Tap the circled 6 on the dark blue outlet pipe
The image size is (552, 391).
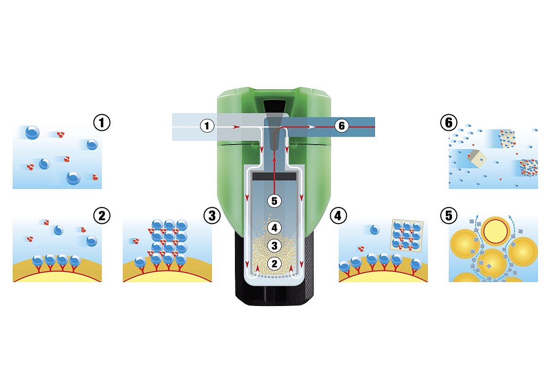point(342,126)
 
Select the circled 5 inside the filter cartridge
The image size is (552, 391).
point(275,201)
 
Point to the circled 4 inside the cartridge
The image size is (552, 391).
point(275,228)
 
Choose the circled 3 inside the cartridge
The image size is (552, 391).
point(275,246)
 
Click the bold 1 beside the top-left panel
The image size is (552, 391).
point(102,123)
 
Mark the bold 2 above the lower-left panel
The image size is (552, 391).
point(102,216)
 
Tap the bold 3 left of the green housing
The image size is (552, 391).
point(212,216)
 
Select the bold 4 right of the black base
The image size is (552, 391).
point(338,216)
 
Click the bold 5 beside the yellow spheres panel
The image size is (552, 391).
point(449,216)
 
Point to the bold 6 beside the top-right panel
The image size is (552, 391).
point(449,123)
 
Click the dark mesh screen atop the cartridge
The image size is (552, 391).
point(275,176)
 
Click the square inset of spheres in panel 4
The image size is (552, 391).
point(406,235)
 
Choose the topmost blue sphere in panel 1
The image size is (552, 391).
point(32,132)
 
